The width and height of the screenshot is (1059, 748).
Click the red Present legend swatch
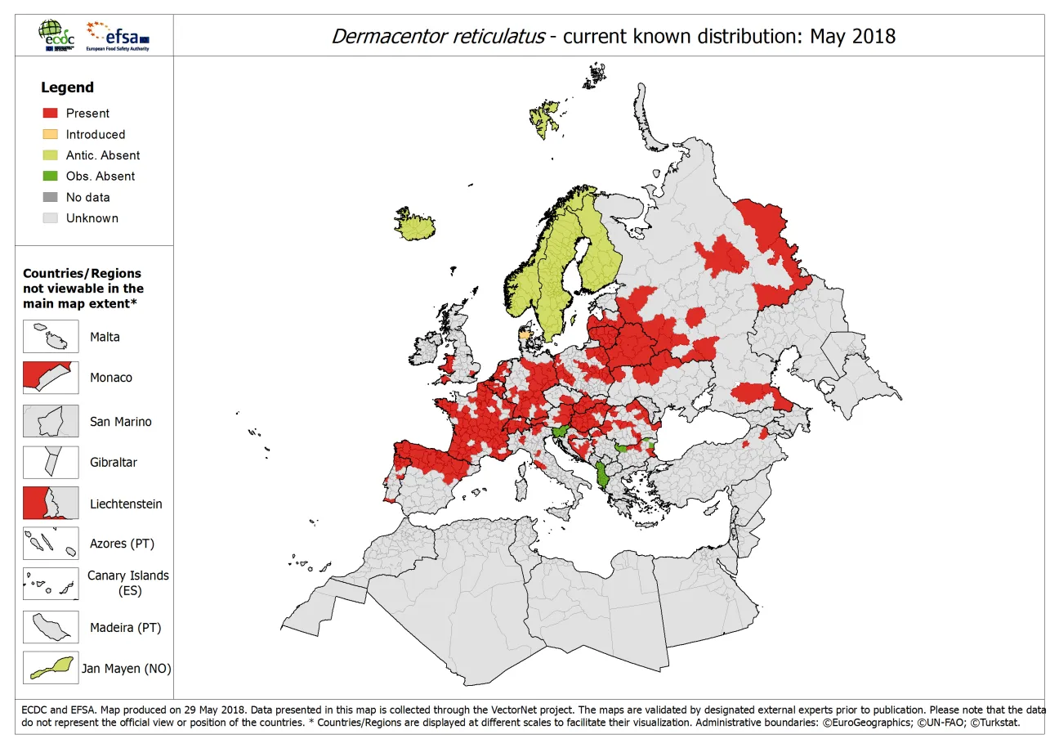50,114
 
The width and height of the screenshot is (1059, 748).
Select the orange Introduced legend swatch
50,135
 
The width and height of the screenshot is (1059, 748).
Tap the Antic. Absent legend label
102,155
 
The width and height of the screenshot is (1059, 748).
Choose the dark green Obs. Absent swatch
50,177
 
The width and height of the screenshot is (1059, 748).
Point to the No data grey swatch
50,197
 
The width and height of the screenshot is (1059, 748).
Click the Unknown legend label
92,218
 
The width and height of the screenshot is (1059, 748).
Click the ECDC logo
58,36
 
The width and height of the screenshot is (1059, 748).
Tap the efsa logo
118,36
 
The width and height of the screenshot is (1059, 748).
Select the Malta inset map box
51,337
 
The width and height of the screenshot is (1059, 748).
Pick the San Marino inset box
51,422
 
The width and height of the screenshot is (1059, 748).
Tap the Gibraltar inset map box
51,463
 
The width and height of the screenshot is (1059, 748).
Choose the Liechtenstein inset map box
51,504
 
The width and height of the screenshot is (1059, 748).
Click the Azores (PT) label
122,544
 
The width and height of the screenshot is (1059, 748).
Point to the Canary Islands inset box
51,584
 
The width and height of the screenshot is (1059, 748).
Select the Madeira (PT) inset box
51,628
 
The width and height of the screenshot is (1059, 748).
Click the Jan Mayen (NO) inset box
51,668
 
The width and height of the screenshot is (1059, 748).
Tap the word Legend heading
67,87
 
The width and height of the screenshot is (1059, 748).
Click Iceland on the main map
418,224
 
